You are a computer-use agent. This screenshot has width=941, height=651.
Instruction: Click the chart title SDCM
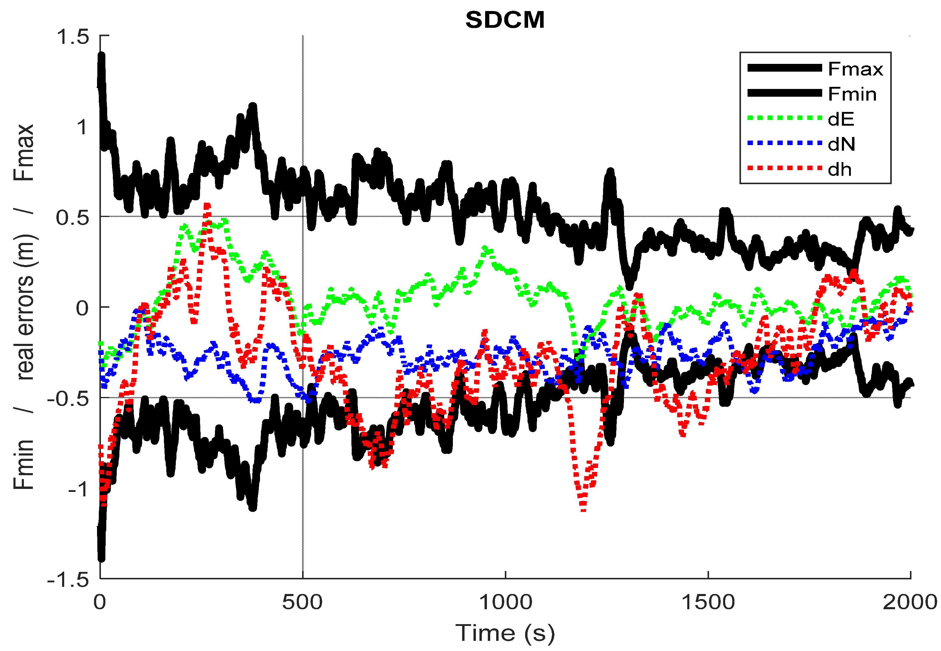505,20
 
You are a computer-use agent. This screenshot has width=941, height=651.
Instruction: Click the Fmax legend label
855,69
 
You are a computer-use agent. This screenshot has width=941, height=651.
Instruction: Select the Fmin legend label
852,94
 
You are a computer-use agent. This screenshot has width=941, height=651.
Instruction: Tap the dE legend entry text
841,119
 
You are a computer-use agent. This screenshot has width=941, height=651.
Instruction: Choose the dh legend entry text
839,169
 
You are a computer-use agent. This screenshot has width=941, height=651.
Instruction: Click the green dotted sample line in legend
784,118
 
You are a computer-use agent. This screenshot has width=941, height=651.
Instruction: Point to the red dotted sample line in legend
784,168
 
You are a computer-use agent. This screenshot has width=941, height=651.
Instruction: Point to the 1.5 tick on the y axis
73,37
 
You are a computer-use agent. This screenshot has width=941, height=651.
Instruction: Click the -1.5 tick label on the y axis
68,579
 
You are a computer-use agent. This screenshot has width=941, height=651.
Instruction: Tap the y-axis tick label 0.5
73,217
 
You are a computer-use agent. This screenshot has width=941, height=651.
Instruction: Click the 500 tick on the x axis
302,602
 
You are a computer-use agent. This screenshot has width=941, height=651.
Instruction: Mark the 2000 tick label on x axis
910,602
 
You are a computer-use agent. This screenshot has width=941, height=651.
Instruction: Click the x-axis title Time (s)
505,633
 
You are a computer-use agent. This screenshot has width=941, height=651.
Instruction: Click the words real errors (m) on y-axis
25,307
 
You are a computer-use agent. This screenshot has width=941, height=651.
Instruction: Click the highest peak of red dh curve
207,205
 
